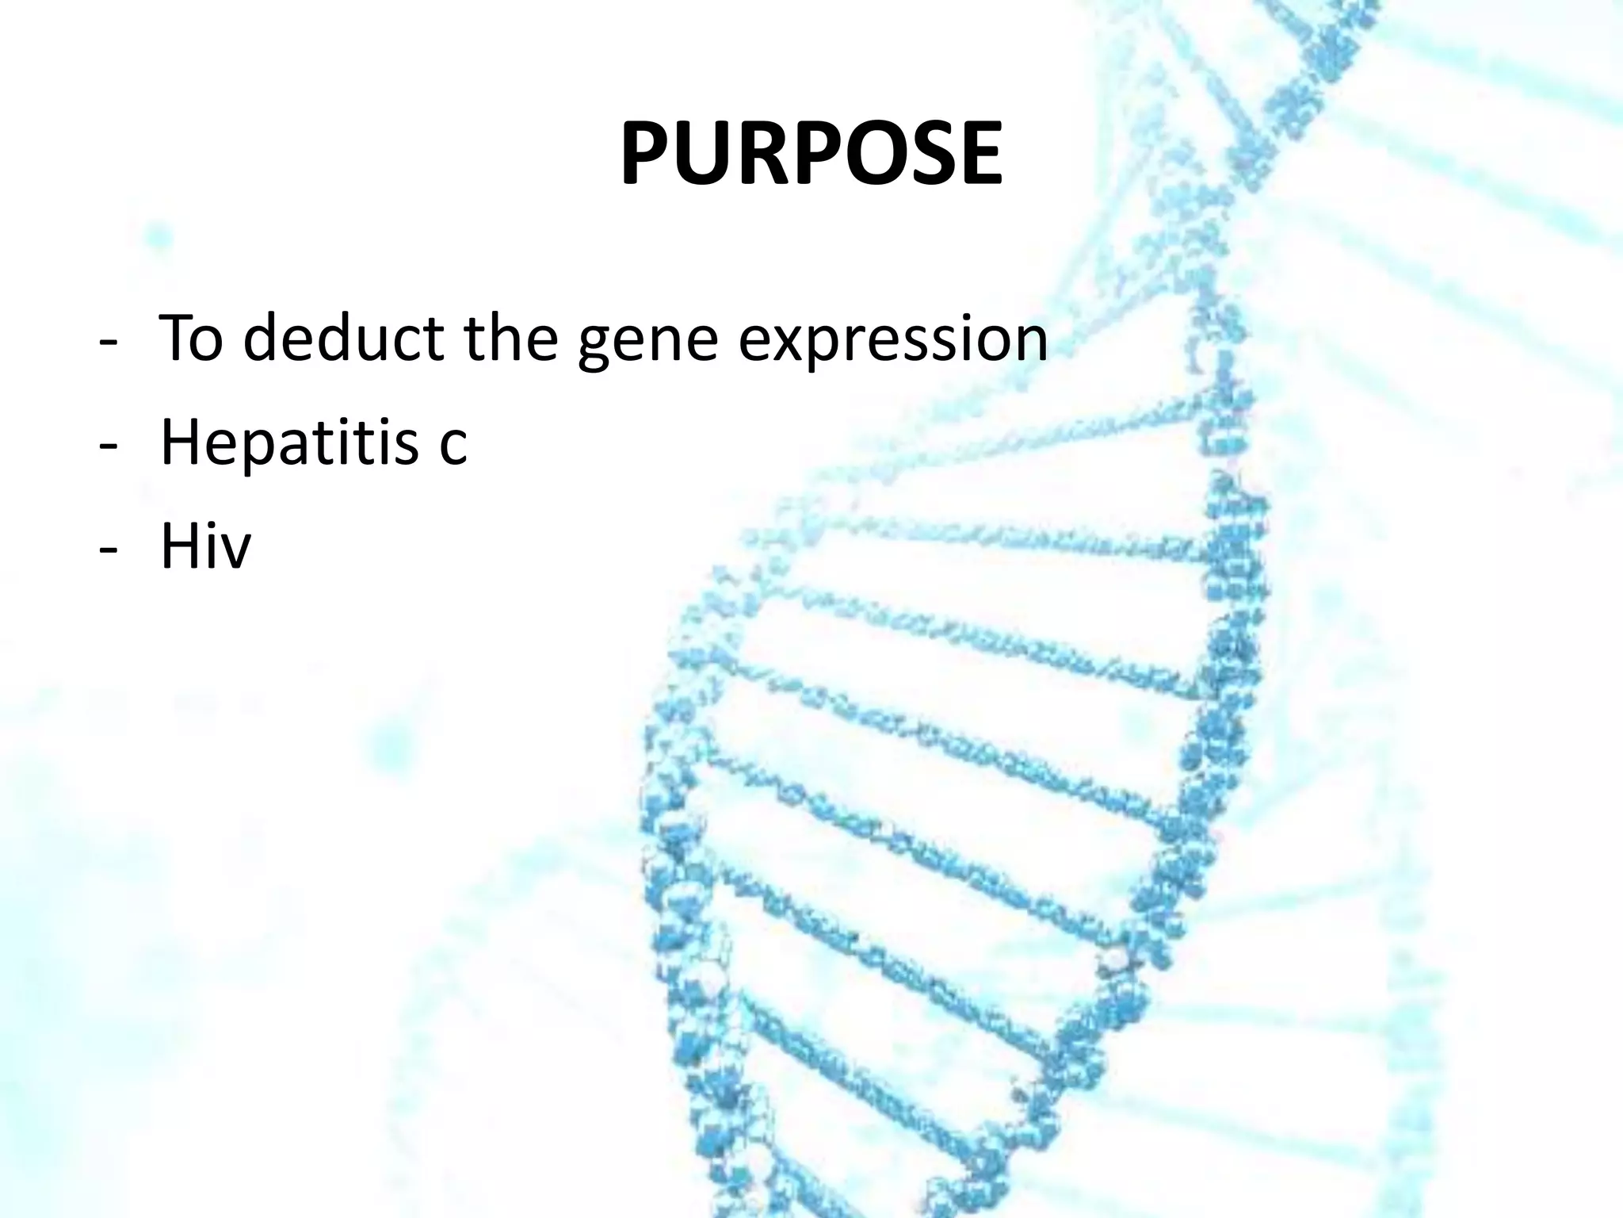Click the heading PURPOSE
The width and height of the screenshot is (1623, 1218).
point(811,154)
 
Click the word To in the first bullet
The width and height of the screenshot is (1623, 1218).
point(191,338)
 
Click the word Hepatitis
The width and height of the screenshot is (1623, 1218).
point(288,443)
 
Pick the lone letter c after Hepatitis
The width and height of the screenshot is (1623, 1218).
point(453,448)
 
